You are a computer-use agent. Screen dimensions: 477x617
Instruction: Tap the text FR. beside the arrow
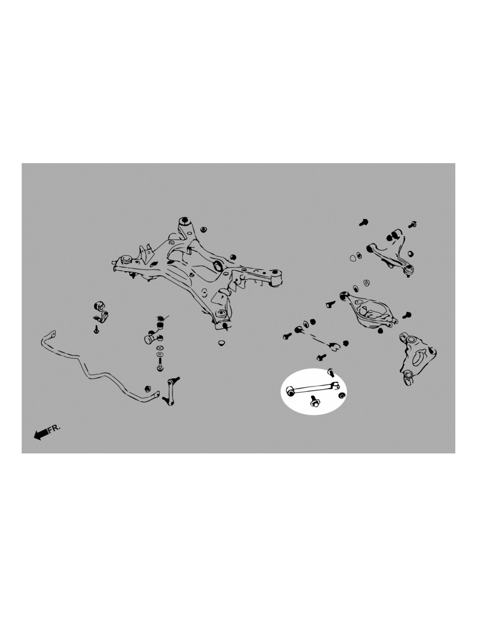pyautogui.click(x=54, y=428)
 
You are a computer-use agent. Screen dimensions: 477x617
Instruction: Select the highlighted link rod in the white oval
pyautogui.click(x=312, y=388)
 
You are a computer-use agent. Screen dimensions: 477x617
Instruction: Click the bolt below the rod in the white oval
pyautogui.click(x=314, y=401)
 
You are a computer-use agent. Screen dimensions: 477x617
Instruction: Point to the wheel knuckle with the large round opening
pyautogui.click(x=417, y=359)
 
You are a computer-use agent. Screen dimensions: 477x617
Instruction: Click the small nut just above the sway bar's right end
pyautogui.click(x=147, y=389)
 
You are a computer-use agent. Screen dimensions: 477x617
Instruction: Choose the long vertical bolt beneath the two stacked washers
pyautogui.click(x=160, y=364)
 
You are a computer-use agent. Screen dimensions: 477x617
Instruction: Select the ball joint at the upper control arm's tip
pyautogui.click(x=408, y=270)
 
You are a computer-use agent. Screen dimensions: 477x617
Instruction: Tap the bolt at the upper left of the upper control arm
pyautogui.click(x=363, y=222)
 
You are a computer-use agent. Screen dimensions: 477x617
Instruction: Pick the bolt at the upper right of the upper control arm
pyautogui.click(x=412, y=224)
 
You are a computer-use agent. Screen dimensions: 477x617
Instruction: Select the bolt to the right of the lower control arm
pyautogui.click(x=407, y=315)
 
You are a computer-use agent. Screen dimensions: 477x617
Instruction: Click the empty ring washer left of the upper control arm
pyautogui.click(x=353, y=258)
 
